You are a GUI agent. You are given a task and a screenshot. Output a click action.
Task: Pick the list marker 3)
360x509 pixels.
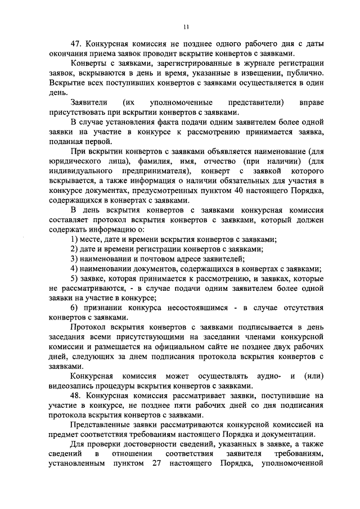click(x=75, y=259)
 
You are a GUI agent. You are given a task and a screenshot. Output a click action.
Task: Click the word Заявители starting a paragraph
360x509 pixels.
click(x=89, y=102)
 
